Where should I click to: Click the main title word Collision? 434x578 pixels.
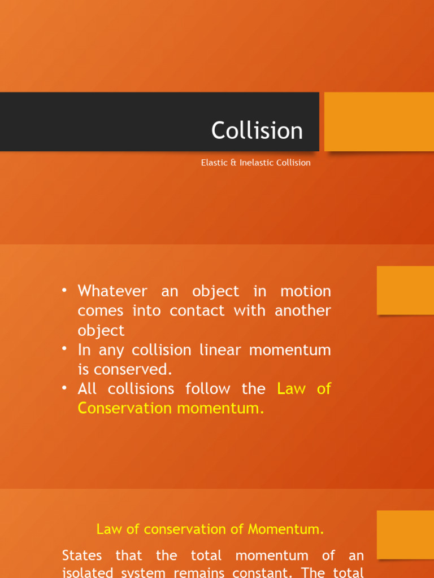click(x=257, y=131)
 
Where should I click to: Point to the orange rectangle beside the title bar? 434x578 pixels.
click(x=379, y=121)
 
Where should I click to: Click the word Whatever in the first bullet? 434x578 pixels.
click(x=112, y=291)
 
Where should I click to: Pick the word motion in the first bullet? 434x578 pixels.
click(x=306, y=291)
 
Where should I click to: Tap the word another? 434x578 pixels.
click(x=303, y=310)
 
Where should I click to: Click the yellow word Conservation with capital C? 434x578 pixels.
click(x=125, y=408)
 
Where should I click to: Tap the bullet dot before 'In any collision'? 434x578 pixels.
click(x=66, y=348)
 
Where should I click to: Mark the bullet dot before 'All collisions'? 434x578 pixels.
click(x=66, y=387)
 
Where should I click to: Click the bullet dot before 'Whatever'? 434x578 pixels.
click(x=66, y=290)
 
